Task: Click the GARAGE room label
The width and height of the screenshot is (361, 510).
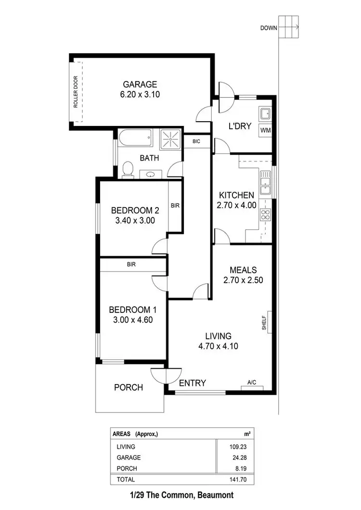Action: point(140,84)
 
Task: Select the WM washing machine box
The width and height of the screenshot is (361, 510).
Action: point(265,130)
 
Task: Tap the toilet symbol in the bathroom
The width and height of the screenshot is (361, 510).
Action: point(128,170)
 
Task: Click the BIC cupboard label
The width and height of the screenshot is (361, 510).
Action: point(196,141)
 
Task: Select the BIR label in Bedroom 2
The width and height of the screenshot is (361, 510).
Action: point(175,206)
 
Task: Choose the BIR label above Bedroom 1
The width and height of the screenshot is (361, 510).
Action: point(131,264)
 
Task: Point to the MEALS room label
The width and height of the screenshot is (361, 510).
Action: point(243,270)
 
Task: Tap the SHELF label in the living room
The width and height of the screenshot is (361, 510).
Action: point(264,322)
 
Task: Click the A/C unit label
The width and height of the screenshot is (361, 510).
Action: point(251,383)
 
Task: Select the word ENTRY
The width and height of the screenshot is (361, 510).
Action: point(193,383)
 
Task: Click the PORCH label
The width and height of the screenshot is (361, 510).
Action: point(129,387)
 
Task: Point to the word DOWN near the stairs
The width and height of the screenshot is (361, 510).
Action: point(269,28)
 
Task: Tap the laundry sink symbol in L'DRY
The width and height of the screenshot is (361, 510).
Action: point(265,114)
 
